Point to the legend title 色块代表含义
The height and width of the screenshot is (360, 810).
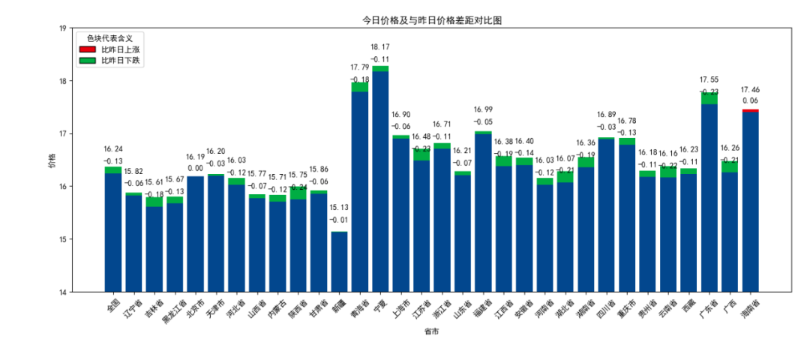(x=110, y=37)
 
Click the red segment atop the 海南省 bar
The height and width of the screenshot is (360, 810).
(x=750, y=110)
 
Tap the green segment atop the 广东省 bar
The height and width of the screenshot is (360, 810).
(x=709, y=98)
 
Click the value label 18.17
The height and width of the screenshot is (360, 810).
(x=380, y=46)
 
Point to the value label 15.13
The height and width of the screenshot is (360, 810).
(x=339, y=207)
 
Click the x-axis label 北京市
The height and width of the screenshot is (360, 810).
(x=194, y=307)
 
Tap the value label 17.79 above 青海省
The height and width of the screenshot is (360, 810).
(x=360, y=67)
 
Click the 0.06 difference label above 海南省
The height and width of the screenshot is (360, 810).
(x=750, y=100)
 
